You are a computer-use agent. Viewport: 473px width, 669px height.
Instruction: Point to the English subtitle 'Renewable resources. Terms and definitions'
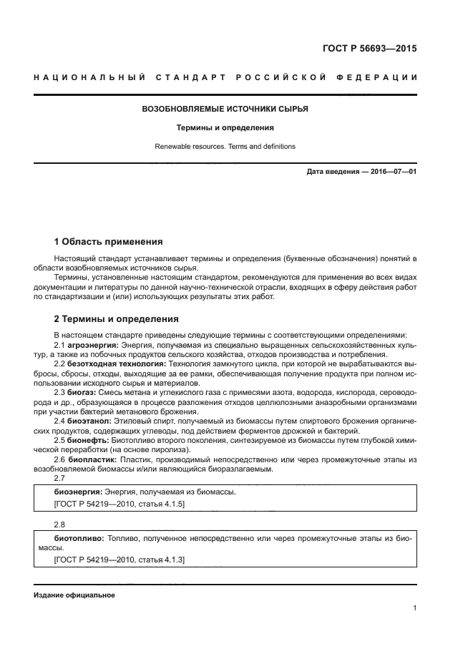pos(225,146)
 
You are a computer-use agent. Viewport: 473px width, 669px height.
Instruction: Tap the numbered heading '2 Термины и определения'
pos(117,319)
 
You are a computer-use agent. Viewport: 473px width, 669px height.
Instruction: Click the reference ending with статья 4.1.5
pos(120,504)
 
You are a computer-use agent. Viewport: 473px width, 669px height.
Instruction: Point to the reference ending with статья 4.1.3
pos(120,559)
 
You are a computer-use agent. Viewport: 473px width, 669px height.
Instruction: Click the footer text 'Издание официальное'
pos(74,595)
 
